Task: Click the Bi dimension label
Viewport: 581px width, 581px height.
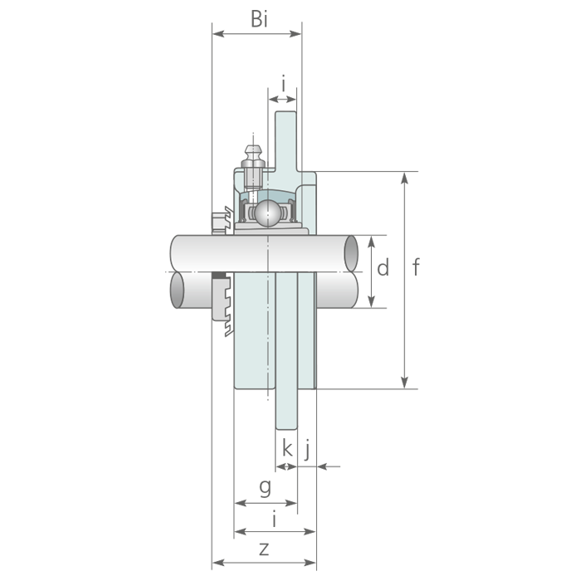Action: [259, 19]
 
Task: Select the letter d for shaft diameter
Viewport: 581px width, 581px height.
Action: [383, 267]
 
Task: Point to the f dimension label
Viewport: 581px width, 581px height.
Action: [416, 266]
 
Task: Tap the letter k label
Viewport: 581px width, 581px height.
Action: [287, 448]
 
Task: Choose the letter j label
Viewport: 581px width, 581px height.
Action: [307, 450]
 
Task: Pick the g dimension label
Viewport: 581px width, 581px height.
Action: [266, 488]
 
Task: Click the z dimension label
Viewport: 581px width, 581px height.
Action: [264, 549]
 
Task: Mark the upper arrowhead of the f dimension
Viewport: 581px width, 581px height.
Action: [405, 178]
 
